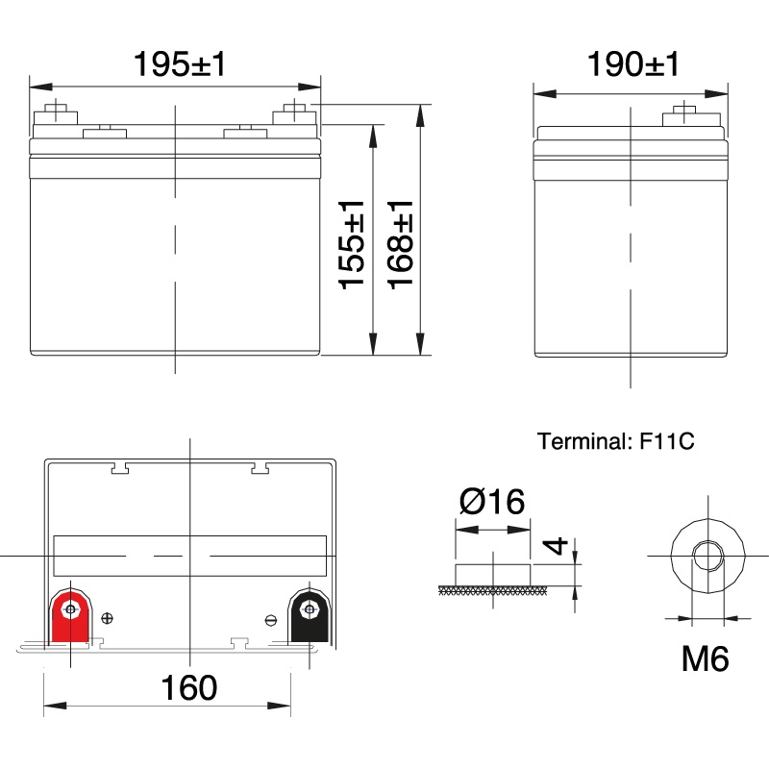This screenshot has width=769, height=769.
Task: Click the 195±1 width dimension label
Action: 180,63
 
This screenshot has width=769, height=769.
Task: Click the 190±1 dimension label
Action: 633,63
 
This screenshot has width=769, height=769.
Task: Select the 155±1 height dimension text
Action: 352,244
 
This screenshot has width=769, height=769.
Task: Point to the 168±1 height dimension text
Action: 401,244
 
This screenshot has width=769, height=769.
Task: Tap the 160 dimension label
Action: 188,687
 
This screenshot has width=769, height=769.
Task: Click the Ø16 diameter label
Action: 492,501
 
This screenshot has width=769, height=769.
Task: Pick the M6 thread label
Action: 706,658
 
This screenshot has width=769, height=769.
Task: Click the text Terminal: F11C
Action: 615,441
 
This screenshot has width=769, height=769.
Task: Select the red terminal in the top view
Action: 70,616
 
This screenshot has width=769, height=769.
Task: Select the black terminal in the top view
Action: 309,616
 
